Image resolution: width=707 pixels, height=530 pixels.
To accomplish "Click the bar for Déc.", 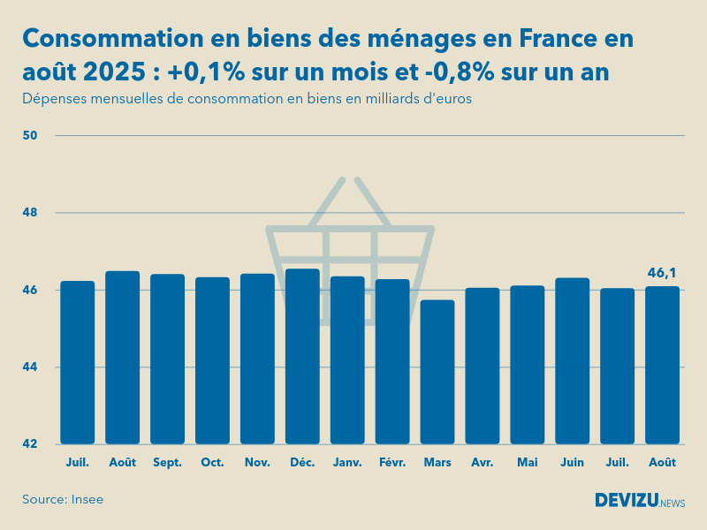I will tap(302, 357).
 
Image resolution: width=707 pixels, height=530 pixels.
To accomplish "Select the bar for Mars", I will tap(437, 372).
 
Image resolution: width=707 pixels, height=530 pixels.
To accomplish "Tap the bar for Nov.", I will tap(257, 359).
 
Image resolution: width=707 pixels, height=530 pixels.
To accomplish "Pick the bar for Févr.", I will tap(392, 361).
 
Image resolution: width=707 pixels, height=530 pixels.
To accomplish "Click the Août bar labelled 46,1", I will tap(662, 365).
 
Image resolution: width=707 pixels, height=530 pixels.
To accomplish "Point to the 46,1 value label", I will tap(662, 273).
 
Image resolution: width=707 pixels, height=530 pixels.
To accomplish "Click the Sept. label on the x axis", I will tap(167, 462).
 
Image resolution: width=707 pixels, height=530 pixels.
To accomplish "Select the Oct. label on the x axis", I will tap(212, 462).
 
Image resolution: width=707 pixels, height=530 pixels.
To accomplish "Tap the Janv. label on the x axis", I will tap(347, 462).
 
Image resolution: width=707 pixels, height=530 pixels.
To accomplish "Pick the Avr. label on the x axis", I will tap(482, 462).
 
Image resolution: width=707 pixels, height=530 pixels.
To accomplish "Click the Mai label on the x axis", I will tap(527, 462).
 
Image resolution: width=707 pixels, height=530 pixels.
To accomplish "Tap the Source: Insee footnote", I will tap(63, 499).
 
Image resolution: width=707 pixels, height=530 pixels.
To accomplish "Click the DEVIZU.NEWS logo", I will tap(640, 501).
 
